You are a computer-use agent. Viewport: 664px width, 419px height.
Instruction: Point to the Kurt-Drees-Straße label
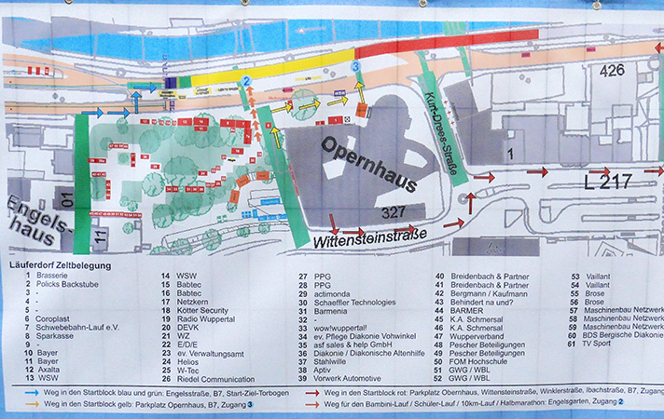(x=433, y=118)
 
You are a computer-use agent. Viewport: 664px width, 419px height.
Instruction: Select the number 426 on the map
(x=613, y=70)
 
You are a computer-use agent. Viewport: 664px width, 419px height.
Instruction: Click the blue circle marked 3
(x=355, y=66)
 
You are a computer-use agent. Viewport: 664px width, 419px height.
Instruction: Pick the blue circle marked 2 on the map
(x=246, y=82)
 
